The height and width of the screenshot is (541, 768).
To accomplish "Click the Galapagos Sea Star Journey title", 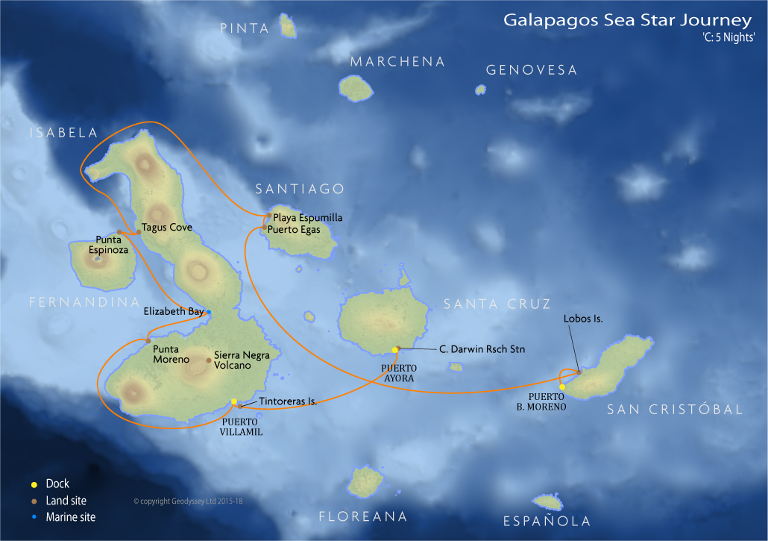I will click(629, 20).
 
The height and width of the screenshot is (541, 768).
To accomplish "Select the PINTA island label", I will click(245, 28).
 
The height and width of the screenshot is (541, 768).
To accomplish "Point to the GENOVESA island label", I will click(531, 70).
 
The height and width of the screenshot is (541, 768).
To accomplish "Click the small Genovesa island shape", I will click(481, 90).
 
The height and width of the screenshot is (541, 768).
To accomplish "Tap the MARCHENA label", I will click(397, 62).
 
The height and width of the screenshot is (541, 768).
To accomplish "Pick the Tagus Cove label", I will click(167, 228).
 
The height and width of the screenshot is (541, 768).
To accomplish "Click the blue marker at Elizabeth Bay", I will click(209, 312).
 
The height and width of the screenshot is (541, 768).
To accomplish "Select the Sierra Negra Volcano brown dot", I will click(208, 360).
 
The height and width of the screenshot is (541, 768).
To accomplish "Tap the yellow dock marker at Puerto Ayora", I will click(395, 350).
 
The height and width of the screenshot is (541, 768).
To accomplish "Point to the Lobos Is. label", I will click(583, 319).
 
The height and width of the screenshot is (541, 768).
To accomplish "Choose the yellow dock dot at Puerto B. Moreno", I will click(562, 387).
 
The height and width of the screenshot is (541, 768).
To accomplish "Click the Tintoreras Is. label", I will click(288, 401).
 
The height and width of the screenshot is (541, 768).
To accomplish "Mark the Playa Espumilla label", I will click(307, 217).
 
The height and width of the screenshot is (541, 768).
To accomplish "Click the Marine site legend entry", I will click(70, 516).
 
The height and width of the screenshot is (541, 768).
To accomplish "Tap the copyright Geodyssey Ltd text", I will click(188, 501).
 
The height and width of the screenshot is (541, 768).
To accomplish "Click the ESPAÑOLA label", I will click(547, 522).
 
